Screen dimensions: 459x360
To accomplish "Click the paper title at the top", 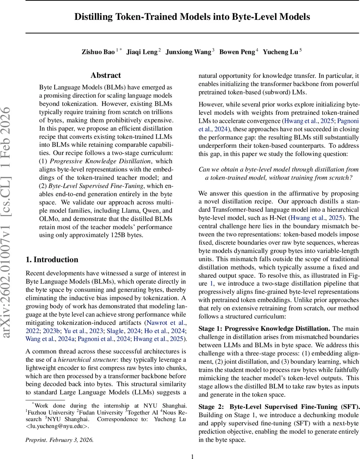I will click(192, 17).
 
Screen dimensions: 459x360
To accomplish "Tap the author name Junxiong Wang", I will click(188, 52).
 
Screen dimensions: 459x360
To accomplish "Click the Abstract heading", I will click(106, 75).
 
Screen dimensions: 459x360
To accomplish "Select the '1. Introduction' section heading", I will click(52, 260).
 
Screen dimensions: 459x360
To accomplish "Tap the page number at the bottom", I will click(192, 453).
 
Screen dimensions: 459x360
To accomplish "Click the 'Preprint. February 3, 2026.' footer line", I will click(59, 439).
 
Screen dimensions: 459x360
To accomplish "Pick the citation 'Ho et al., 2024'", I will click(167, 330).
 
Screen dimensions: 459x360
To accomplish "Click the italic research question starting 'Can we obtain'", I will click(279, 173).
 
